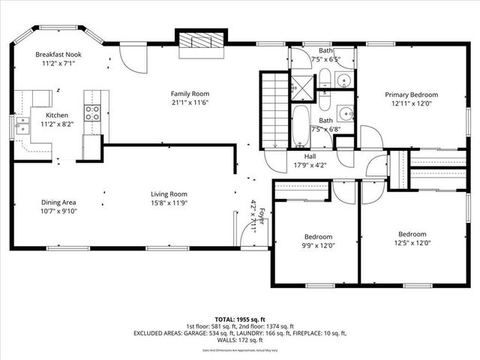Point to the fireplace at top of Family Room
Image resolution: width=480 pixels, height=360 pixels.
coord(200,43)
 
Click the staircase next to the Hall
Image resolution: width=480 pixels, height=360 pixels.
coord(275,109)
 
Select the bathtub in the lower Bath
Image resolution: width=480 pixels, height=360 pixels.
coord(300,126)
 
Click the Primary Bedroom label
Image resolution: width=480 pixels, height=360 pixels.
coord(411,94)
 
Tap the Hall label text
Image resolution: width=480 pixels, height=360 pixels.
coord(310,156)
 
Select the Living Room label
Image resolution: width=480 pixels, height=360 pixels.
coord(169,193)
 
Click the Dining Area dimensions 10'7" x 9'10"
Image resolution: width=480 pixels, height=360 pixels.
coord(58,211)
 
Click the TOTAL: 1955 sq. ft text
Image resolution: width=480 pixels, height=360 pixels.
coord(239,319)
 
